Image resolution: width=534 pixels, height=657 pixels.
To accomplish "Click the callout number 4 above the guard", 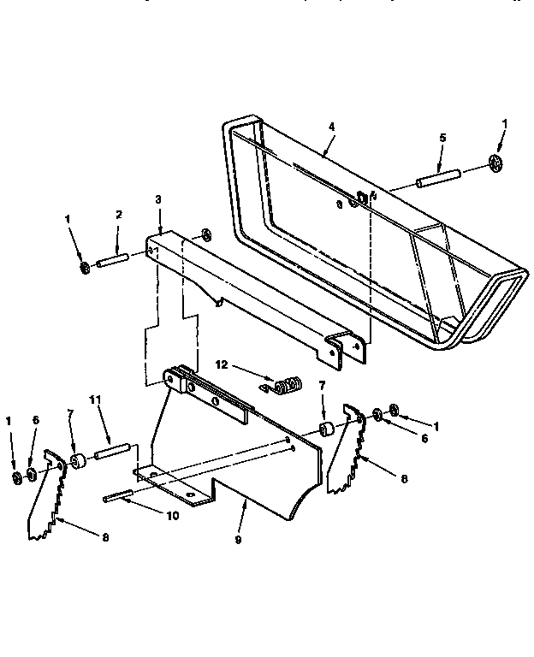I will (331, 127).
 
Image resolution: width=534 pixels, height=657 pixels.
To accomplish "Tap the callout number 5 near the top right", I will (442, 138).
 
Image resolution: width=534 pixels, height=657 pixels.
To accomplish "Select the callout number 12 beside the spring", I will (221, 364).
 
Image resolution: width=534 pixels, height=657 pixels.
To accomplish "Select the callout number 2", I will (119, 215).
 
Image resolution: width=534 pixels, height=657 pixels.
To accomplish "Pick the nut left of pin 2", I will (84, 269).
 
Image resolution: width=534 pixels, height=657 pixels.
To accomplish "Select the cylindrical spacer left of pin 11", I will (81, 463).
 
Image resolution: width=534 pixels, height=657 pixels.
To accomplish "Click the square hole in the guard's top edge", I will (363, 198).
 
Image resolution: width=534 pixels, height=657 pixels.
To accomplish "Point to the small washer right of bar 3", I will (205, 234).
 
